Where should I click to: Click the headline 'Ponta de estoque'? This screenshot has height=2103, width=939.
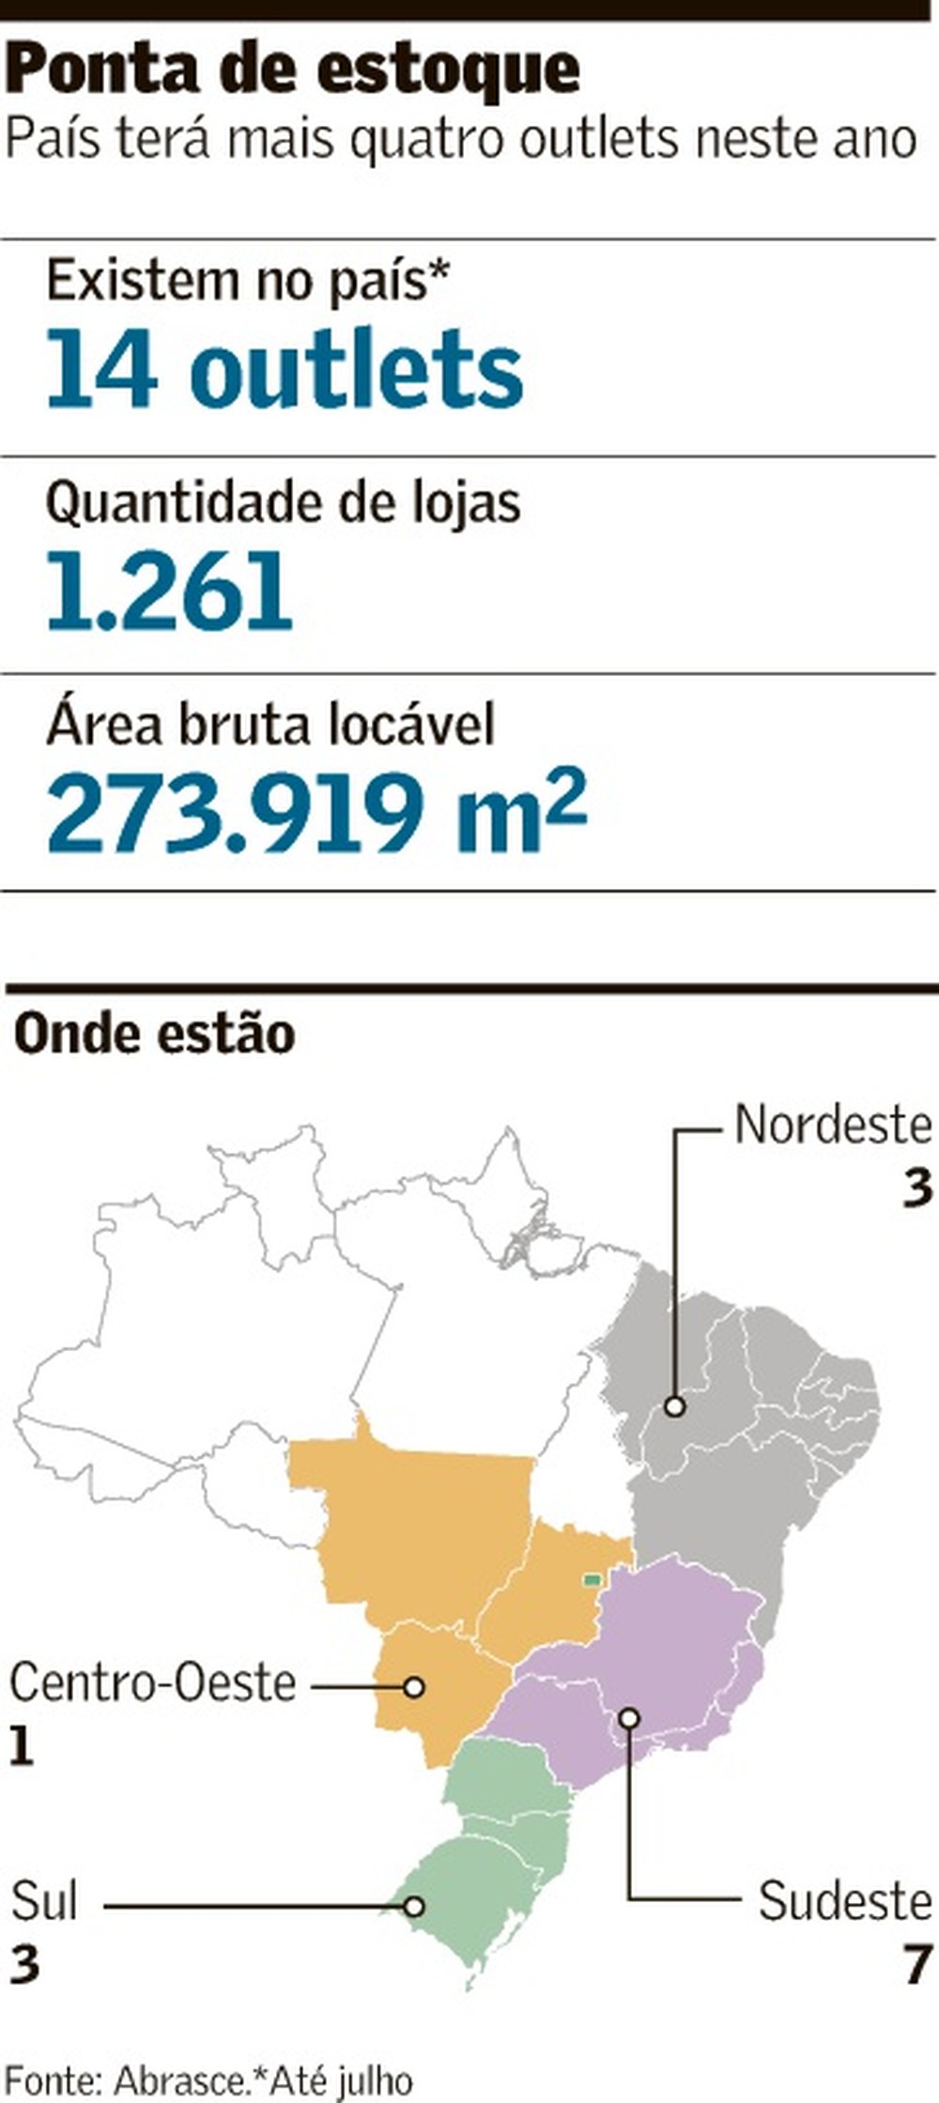coord(293,69)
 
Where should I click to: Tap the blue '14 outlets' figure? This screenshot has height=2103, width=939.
coord(285,369)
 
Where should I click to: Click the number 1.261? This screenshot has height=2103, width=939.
coord(170,591)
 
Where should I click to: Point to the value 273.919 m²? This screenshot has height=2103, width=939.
coord(317,809)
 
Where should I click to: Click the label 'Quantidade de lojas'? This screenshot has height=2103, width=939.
coord(283,503)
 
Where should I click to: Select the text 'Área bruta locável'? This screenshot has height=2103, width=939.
coord(270,725)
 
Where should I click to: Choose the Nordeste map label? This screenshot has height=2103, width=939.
coord(833,1126)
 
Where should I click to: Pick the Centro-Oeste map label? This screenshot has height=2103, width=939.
coord(153,1683)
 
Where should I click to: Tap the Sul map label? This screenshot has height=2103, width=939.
coord(44,1902)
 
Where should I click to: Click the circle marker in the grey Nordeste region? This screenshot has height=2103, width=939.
coord(674,1406)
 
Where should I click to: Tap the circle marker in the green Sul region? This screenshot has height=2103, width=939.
coord(414,1907)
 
